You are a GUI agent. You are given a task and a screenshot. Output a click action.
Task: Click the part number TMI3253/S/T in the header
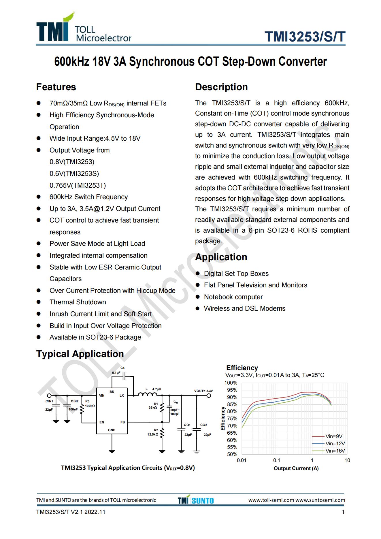coord(305,37)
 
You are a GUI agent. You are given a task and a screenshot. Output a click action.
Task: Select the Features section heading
coord(56,87)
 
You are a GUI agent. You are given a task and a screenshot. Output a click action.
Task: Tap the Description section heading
coord(221,87)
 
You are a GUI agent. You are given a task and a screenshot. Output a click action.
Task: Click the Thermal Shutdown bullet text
coord(78,302)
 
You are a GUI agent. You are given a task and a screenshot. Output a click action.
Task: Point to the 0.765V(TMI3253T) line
coord(78,185)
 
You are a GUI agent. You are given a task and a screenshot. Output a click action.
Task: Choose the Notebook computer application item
coord(233,297)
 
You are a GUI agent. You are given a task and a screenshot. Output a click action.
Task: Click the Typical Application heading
coord(80,354)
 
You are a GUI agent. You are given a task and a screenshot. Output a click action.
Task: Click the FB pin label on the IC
coord(122,422)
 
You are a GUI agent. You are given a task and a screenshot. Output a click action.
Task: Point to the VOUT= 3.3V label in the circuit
coord(203,391)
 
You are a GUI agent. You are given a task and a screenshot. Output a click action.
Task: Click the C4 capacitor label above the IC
coord(122,368)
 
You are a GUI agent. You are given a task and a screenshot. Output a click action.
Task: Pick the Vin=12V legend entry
coord(335,444)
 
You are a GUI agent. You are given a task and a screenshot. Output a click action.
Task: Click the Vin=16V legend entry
coord(335,451)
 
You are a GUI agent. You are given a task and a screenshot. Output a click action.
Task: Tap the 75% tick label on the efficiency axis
coord(232,419)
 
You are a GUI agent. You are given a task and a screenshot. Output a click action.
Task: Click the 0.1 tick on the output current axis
coord(277,460)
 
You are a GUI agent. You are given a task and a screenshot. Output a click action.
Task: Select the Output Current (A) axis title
coord(296,468)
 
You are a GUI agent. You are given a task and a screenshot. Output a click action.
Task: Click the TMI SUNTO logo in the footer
coord(196,500)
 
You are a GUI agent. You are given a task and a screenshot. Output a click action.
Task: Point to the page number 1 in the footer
coord(343,512)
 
